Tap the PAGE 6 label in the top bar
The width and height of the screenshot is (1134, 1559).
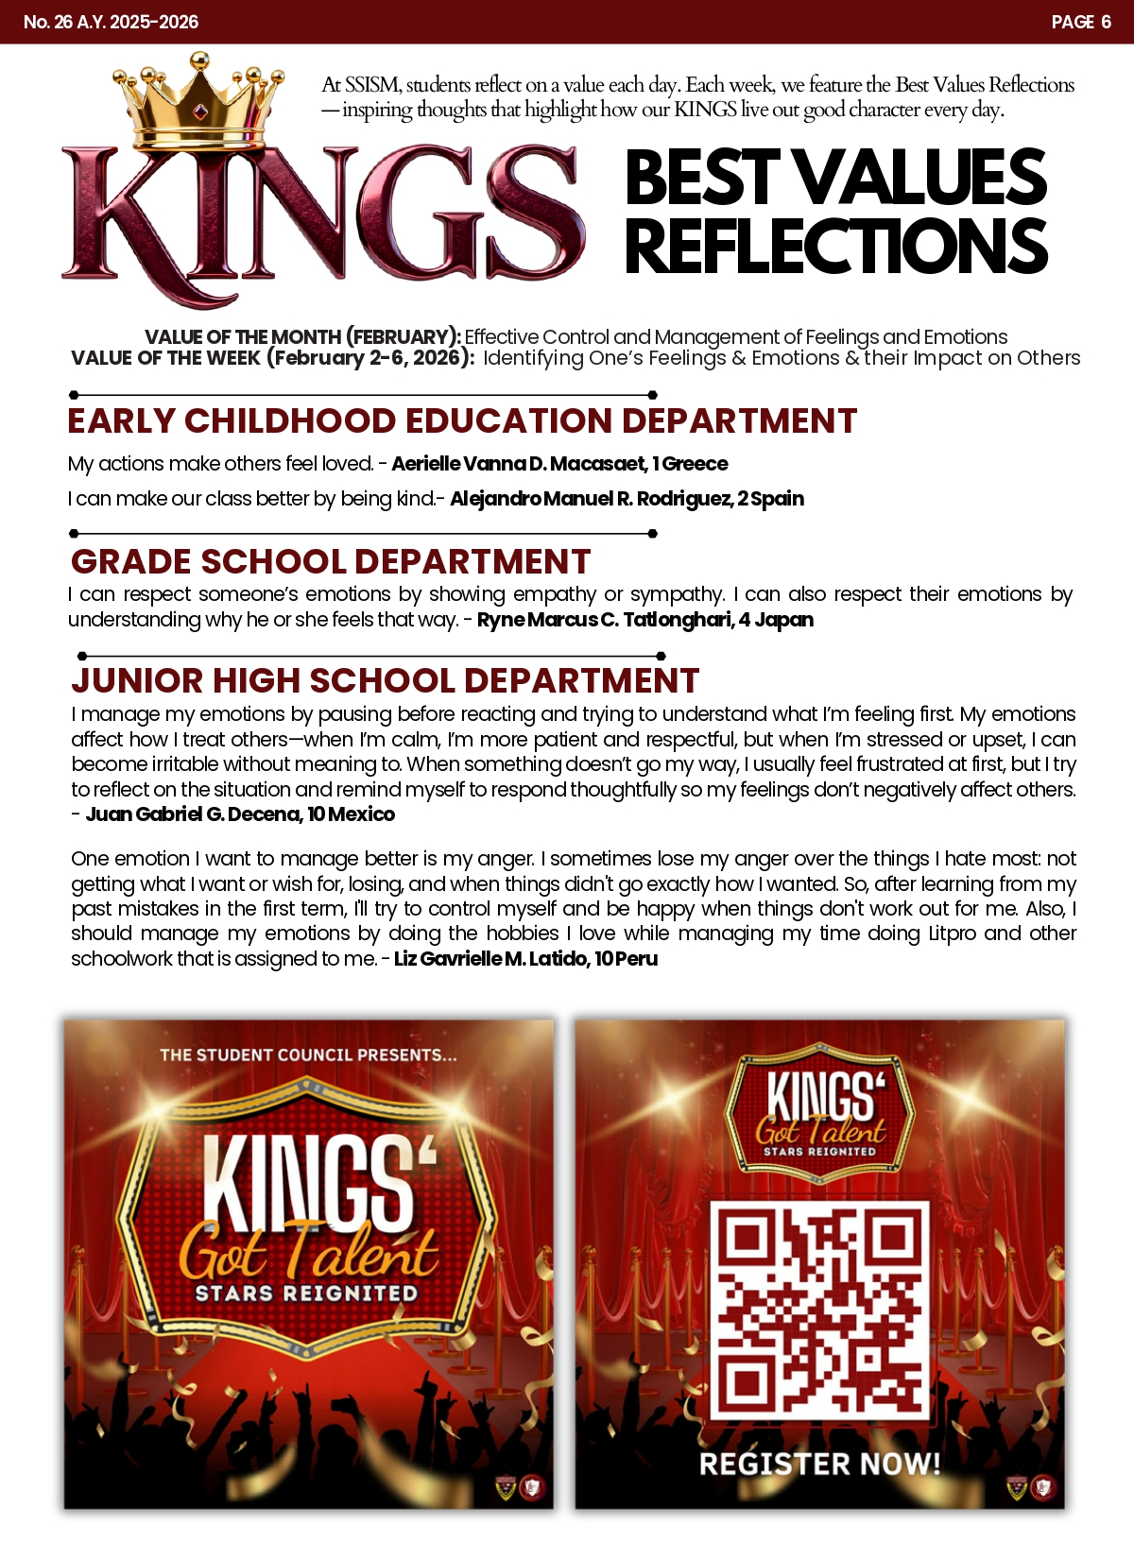point(1081,22)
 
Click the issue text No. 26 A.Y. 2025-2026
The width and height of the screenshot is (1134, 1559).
point(111,22)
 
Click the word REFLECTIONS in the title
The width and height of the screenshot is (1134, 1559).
point(835,246)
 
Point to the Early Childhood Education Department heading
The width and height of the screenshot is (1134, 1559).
point(462,421)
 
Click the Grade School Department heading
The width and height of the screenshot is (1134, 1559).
point(331,561)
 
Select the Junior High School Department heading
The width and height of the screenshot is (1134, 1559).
point(386,680)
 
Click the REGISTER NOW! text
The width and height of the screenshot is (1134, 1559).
point(819,1464)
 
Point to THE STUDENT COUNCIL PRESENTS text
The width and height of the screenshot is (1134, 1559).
point(308,1054)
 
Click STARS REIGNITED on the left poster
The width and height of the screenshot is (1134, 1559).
point(306,1293)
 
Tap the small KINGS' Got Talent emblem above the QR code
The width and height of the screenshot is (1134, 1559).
point(819,1110)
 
